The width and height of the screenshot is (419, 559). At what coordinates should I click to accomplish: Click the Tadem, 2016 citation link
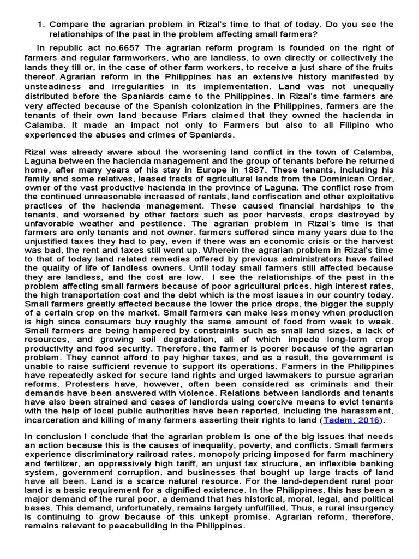(x=350, y=420)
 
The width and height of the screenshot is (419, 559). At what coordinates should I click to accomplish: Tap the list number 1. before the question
(x=41, y=25)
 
